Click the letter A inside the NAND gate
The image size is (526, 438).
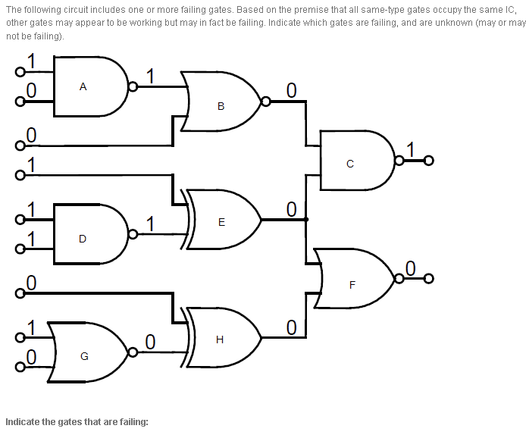(x=83, y=86)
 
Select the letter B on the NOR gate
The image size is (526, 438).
(x=221, y=106)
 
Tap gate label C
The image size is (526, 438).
(x=349, y=163)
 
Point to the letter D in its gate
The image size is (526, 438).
(x=83, y=239)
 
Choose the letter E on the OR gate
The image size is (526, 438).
(x=221, y=222)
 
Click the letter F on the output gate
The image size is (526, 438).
(x=352, y=286)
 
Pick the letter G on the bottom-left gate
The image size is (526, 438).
(x=84, y=356)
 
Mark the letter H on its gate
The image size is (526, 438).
(x=220, y=339)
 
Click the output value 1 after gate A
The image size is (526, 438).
(x=150, y=76)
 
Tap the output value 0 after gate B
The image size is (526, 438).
(x=291, y=90)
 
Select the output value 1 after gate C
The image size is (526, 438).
(x=411, y=149)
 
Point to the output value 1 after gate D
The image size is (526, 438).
(x=150, y=224)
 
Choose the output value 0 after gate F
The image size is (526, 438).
(x=411, y=267)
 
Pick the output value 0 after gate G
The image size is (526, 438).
(x=150, y=342)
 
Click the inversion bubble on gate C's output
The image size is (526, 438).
(x=399, y=161)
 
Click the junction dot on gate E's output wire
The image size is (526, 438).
(x=305, y=220)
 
